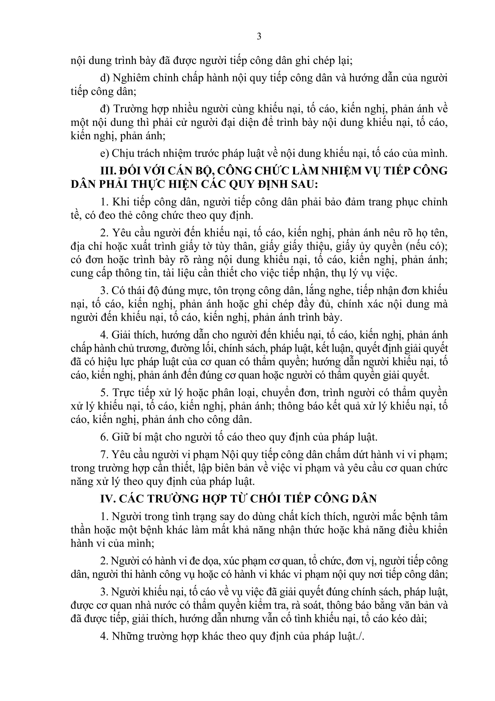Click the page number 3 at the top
click(x=259, y=37)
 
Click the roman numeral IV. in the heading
click(x=108, y=499)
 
